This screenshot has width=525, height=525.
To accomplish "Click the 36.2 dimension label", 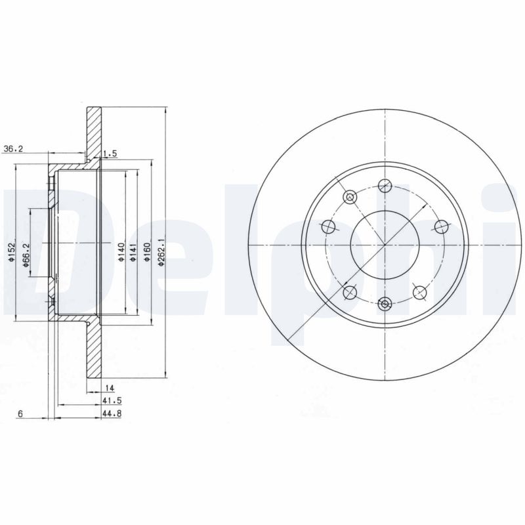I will [x=12, y=149].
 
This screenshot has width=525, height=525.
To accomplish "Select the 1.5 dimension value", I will [x=110, y=154].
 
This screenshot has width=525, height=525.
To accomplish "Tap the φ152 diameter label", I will [x=12, y=251].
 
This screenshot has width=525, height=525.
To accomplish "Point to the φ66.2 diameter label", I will [x=27, y=252].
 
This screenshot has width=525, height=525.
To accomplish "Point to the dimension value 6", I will [x=21, y=413].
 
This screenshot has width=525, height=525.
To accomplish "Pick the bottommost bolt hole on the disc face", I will [x=385, y=303].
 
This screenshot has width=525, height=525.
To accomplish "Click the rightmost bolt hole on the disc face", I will [x=441, y=226].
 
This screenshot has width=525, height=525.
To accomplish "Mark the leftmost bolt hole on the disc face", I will [x=329, y=226].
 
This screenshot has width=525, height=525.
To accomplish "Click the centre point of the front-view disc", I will [x=385, y=245].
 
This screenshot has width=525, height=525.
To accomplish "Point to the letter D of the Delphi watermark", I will [x=39, y=243].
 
